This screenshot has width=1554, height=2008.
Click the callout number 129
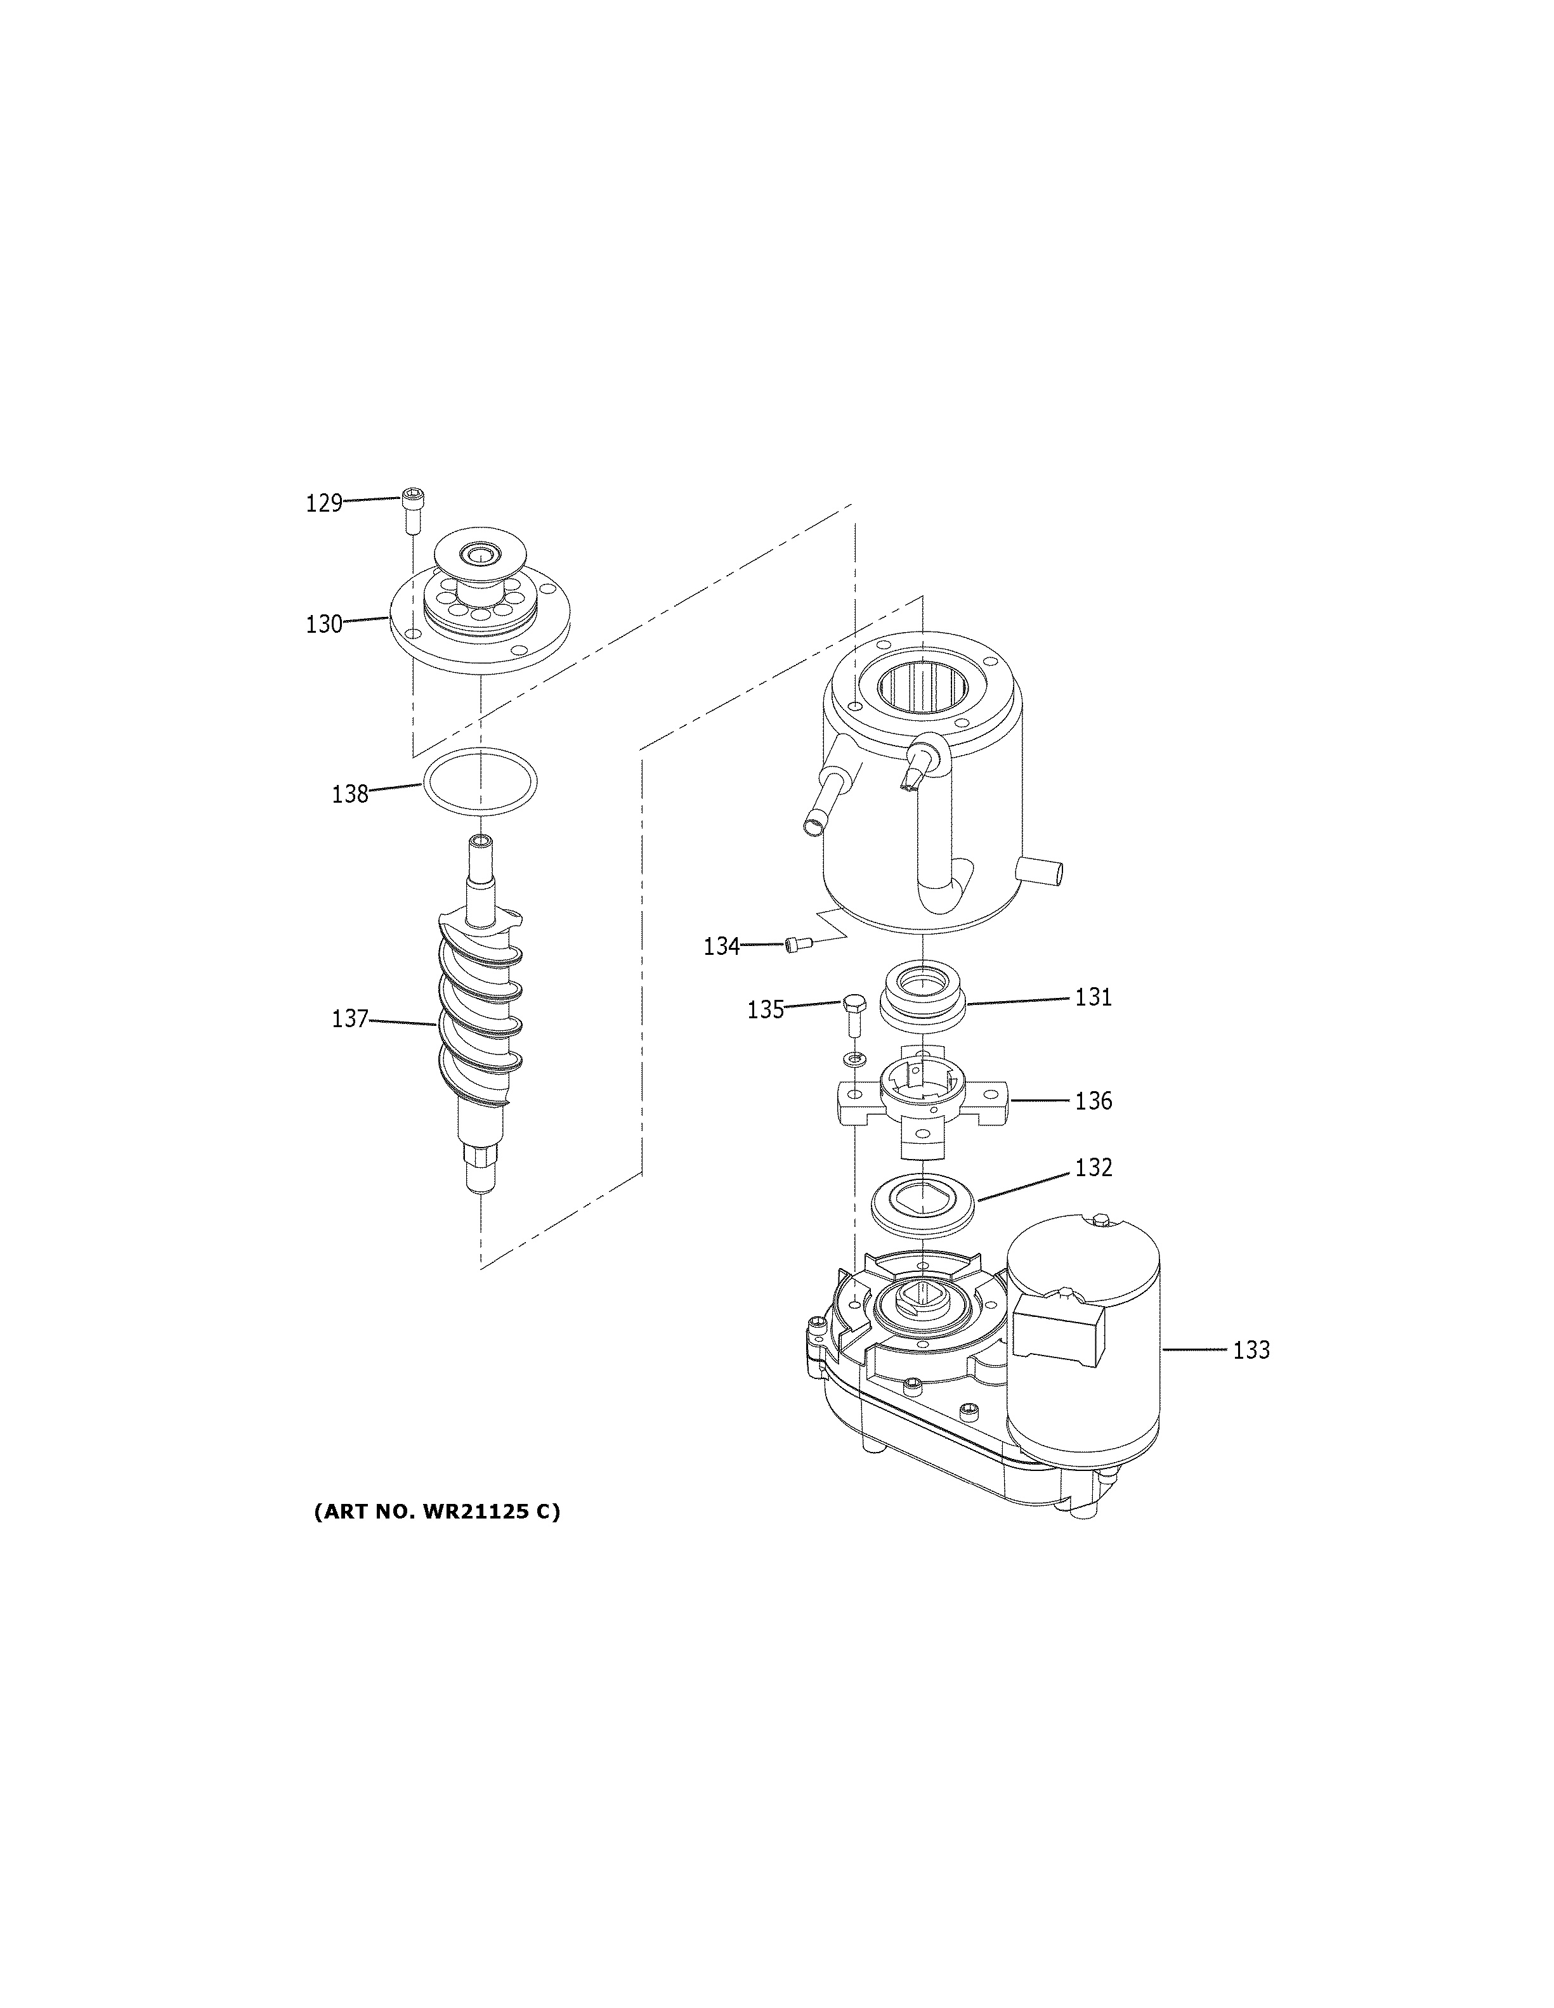pyautogui.click(x=323, y=503)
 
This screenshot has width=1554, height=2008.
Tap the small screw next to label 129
pyautogui.click(x=410, y=511)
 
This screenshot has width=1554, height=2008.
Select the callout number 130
pyautogui.click(x=323, y=625)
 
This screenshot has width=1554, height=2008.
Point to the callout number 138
pyautogui.click(x=349, y=793)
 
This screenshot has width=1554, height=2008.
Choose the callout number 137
pyautogui.click(x=349, y=1019)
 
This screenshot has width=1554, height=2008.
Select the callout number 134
pyautogui.click(x=722, y=946)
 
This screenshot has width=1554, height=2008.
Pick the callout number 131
pyautogui.click(x=1094, y=997)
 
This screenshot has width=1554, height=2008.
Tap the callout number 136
pyautogui.click(x=1094, y=1101)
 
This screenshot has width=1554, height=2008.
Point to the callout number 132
pyautogui.click(x=1094, y=1168)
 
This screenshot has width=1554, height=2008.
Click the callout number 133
pyautogui.click(x=1251, y=1351)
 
